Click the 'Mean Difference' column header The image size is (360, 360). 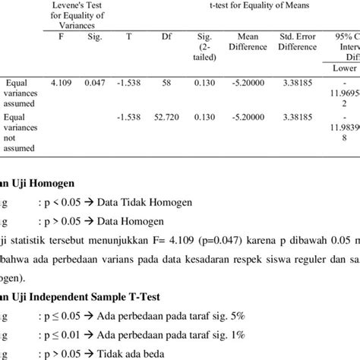point(249,39)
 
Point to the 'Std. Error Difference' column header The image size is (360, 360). point(298,39)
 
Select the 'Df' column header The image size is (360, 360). point(167,34)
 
